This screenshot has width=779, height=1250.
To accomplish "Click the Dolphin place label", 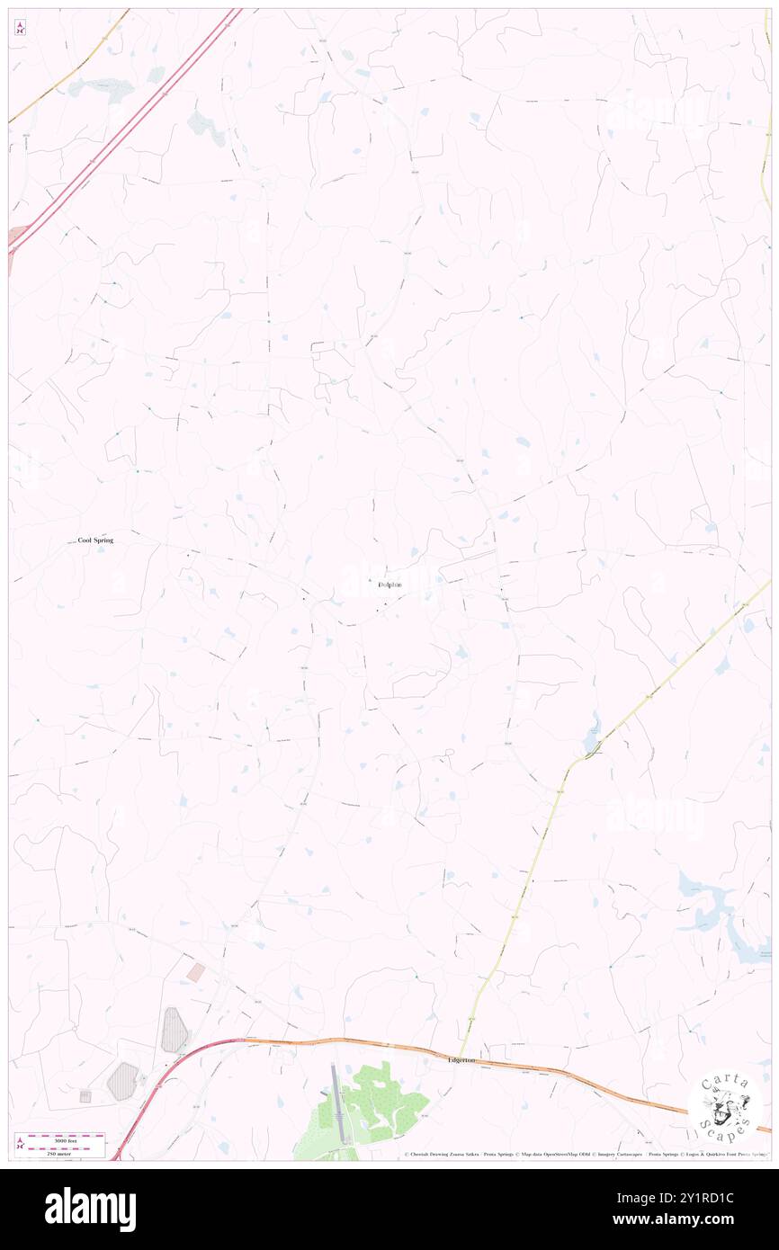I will [389, 585].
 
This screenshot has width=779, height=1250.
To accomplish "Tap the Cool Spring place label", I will [95, 540].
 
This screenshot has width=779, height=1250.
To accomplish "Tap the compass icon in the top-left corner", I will [20, 28].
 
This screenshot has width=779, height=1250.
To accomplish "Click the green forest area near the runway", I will [378, 1102].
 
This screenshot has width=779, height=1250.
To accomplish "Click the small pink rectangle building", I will [195, 972].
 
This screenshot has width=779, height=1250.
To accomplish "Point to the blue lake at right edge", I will [720, 908].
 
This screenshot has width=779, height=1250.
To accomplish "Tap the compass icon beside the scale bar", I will [20, 1144].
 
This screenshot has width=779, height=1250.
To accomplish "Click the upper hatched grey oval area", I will [175, 1031].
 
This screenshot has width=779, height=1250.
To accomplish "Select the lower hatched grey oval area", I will [124, 1081].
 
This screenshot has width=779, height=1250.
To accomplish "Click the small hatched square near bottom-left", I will [85, 1096].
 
